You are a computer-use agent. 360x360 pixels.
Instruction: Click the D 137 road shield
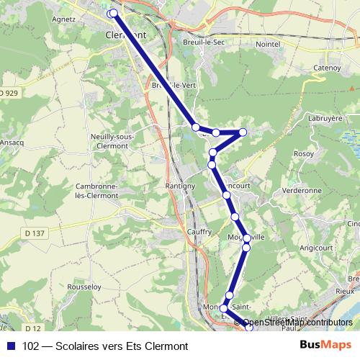[33, 233]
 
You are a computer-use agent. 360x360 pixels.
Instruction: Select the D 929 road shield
[7, 93]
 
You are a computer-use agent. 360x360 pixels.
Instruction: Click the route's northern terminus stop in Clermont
[112, 14]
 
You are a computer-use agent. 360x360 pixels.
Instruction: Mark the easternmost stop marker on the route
[243, 132]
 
